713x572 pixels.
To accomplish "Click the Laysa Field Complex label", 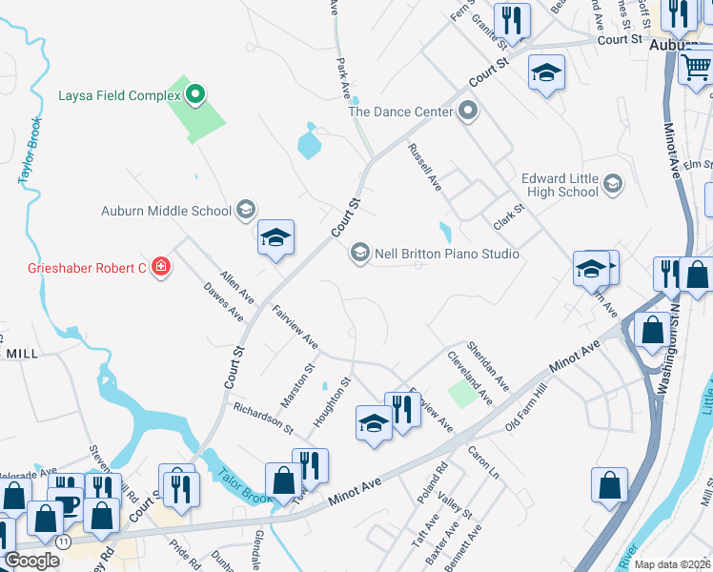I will coord(119,95).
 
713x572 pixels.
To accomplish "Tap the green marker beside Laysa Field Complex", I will coord(195,94).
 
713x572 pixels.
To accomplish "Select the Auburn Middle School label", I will coord(167,211).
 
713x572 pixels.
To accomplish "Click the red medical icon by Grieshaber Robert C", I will coord(160,268).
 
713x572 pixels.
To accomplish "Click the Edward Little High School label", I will coord(560,185).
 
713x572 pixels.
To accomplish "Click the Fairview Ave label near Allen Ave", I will coord(295,325).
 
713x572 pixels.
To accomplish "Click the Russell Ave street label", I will coord(424,167).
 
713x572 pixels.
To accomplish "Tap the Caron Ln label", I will coord(483,460).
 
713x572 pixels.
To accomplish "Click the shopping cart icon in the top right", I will coord(696,68).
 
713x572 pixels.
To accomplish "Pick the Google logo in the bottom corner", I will coord(31,561).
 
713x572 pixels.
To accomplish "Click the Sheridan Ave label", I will coord(487,365).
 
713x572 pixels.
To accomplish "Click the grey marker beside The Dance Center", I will coord(467,112).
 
